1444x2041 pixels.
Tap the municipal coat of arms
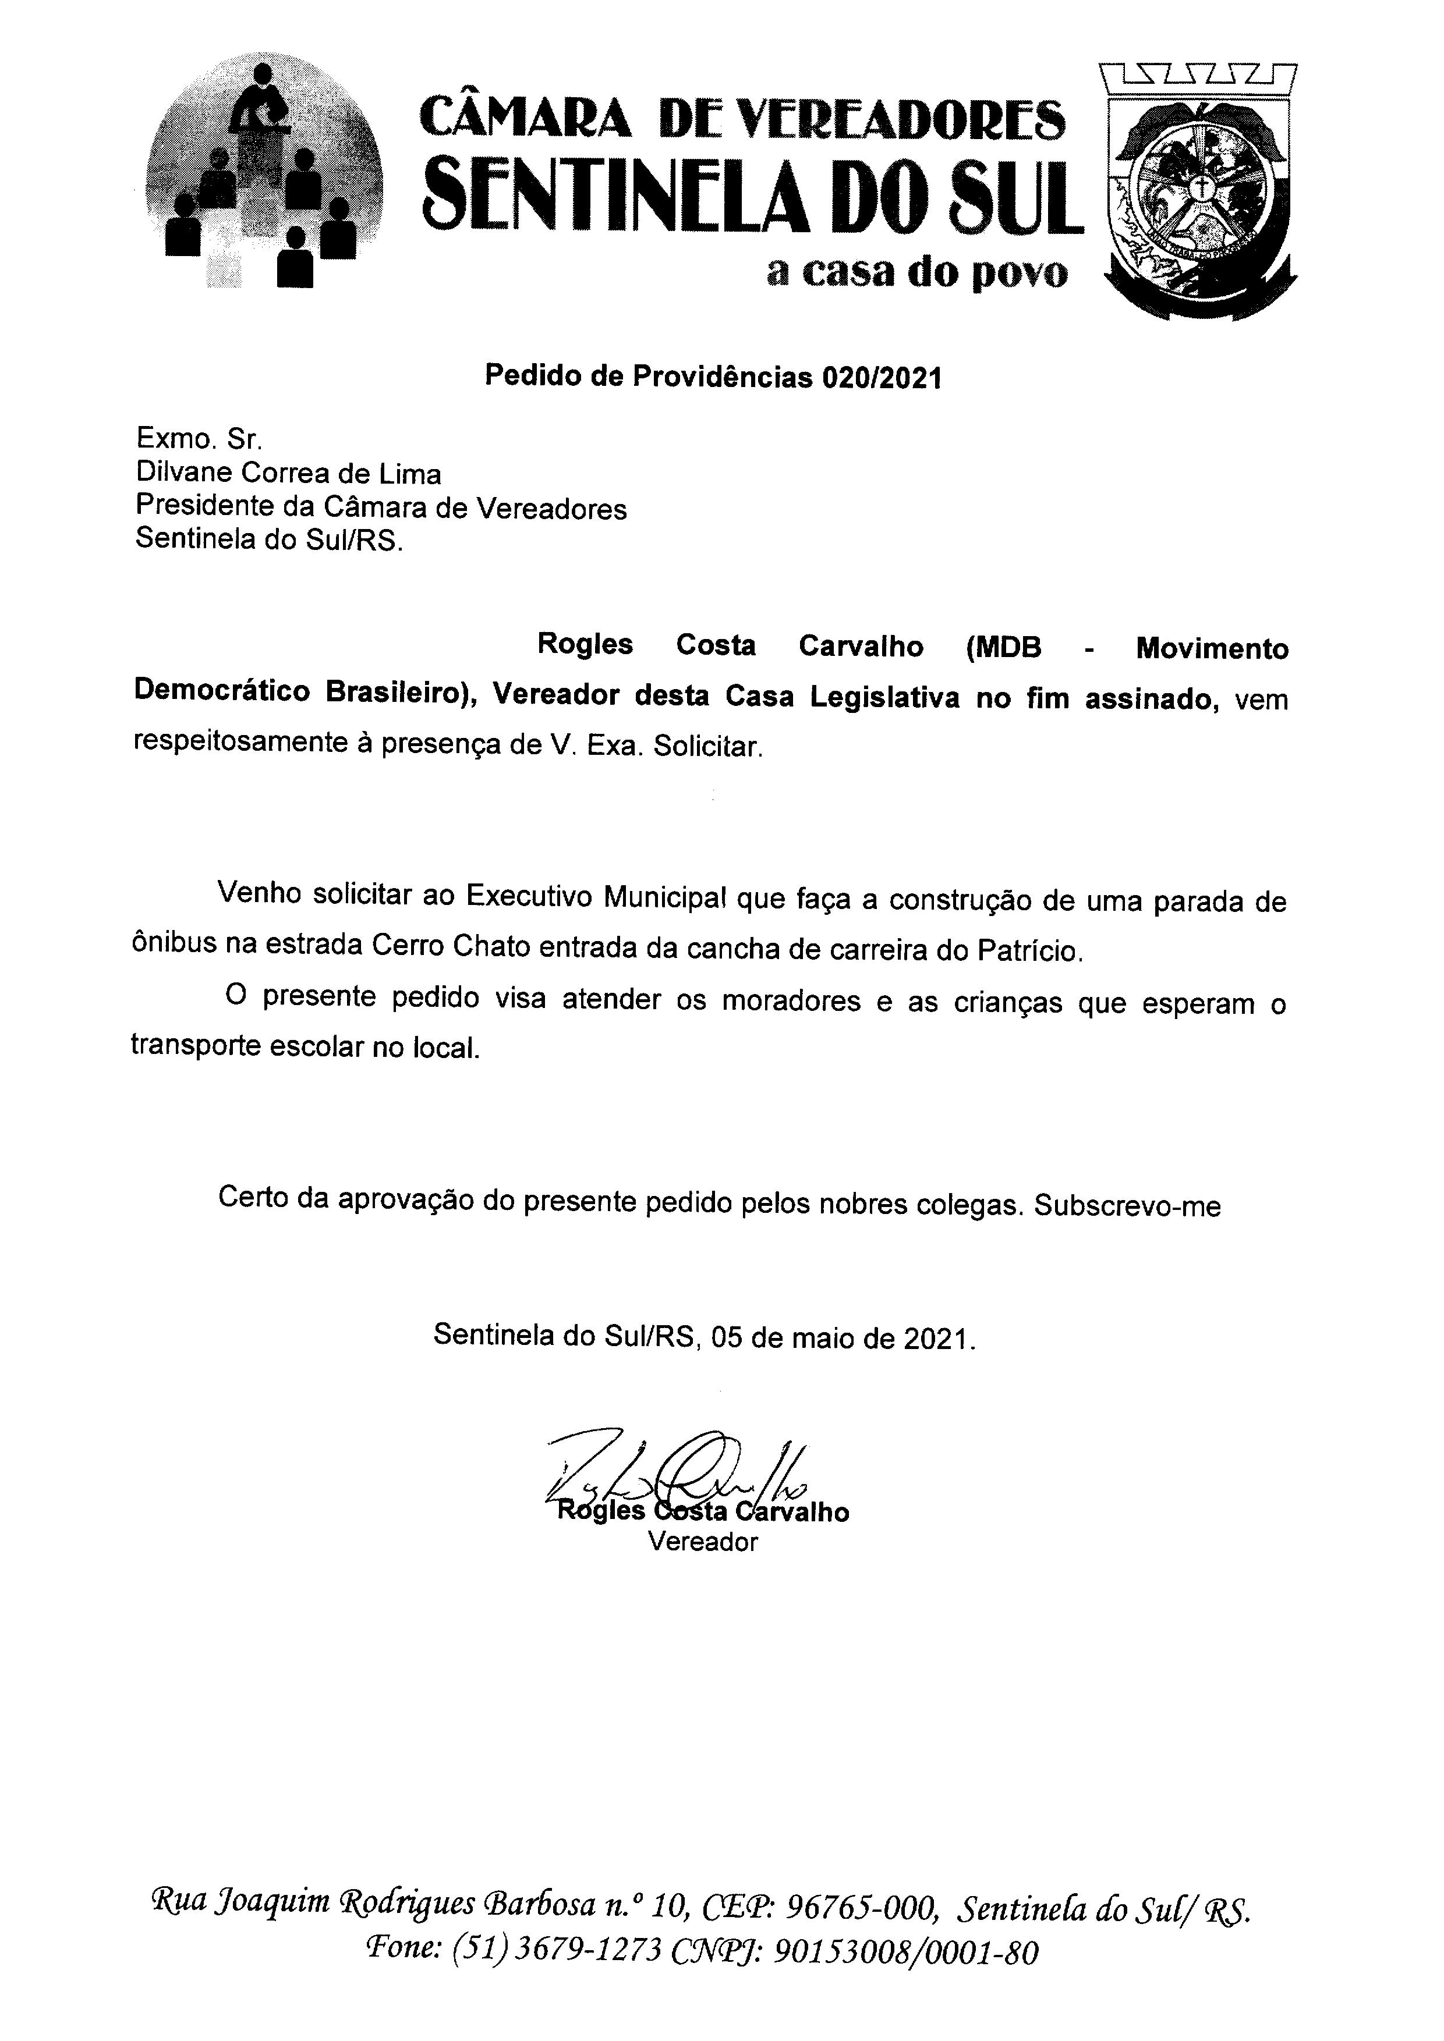[1199, 191]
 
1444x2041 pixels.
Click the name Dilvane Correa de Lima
[288, 474]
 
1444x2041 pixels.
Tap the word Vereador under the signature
[702, 1542]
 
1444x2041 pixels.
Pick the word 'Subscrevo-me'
[1127, 1206]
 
